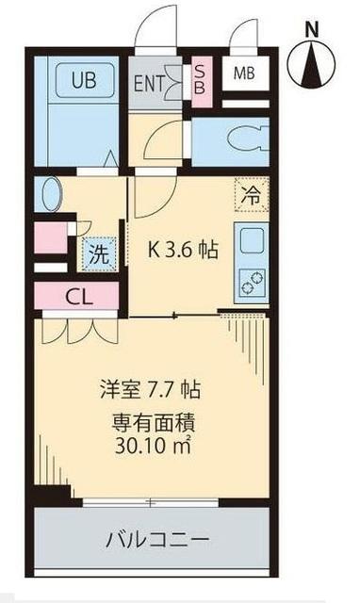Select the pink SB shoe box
coord(200,77)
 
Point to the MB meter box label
coord(243,73)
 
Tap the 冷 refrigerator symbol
coord(252,199)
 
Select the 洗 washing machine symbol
coord(98,252)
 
